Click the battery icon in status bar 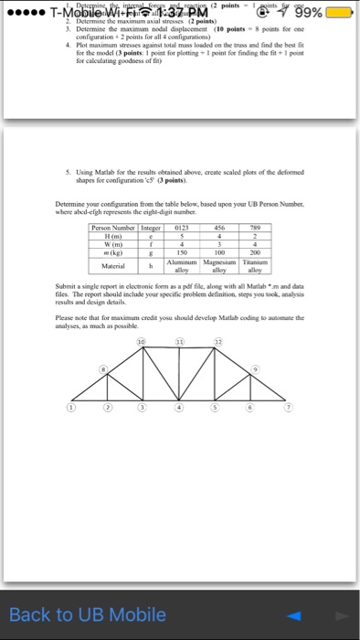click(x=339, y=14)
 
